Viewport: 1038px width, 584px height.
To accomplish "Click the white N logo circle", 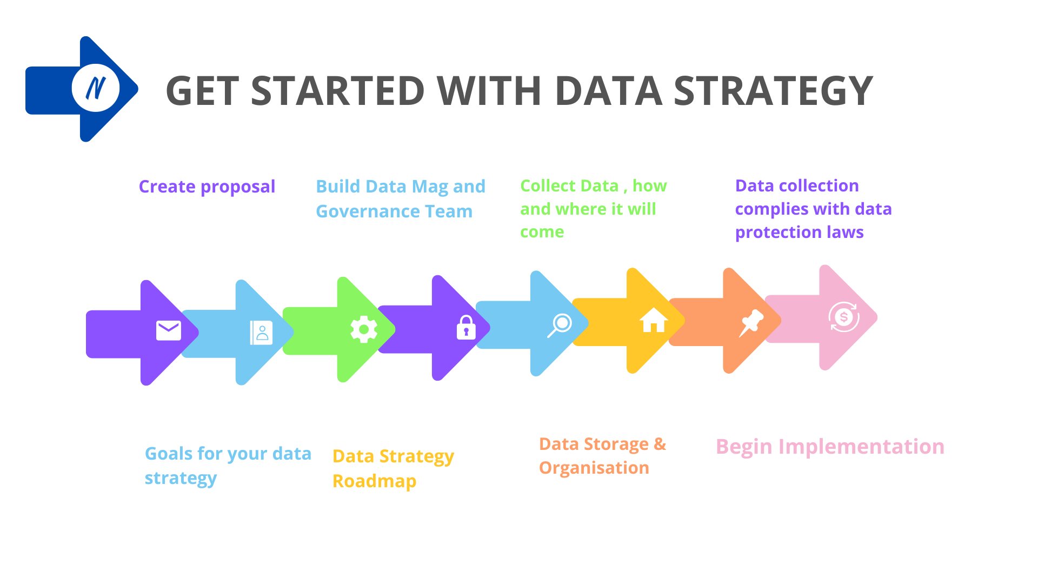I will [96, 88].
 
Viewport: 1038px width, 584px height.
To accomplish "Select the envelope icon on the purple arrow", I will [169, 330].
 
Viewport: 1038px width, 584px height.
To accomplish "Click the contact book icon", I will [261, 333].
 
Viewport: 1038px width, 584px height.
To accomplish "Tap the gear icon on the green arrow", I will [364, 329].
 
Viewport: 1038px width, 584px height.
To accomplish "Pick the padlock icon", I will [466, 327].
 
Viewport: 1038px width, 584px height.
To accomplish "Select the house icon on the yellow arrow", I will [654, 320].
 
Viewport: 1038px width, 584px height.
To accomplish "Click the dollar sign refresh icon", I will [844, 317].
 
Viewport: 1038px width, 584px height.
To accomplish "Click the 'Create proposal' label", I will [207, 187].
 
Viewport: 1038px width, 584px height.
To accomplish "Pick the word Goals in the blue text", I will [168, 454].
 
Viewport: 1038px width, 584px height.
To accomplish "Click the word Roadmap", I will [374, 481].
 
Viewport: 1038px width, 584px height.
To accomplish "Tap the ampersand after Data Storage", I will [660, 444].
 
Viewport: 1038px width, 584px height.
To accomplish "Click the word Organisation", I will [594, 468].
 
